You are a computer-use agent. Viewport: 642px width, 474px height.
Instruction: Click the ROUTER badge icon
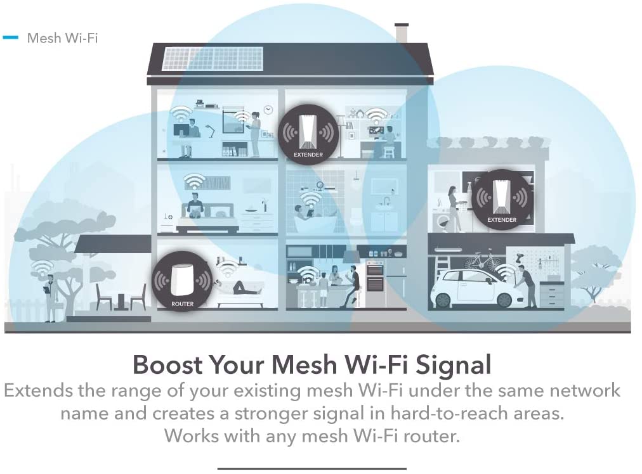tap(182, 281)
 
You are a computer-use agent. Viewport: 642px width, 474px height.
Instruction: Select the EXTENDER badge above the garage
tap(502, 200)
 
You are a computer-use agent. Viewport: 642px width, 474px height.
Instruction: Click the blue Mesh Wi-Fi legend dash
tap(11, 37)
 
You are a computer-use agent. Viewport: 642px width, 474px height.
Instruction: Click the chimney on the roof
tap(401, 33)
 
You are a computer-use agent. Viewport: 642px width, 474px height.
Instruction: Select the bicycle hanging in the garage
tap(483, 260)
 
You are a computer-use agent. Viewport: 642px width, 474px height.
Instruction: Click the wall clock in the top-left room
tap(268, 110)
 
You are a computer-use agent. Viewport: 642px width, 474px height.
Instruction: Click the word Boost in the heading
tap(167, 364)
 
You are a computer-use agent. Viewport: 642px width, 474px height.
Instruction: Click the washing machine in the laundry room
tap(444, 222)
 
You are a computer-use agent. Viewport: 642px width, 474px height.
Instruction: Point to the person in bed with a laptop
tap(195, 205)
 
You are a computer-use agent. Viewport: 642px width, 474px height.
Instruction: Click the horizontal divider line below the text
tap(312, 469)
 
